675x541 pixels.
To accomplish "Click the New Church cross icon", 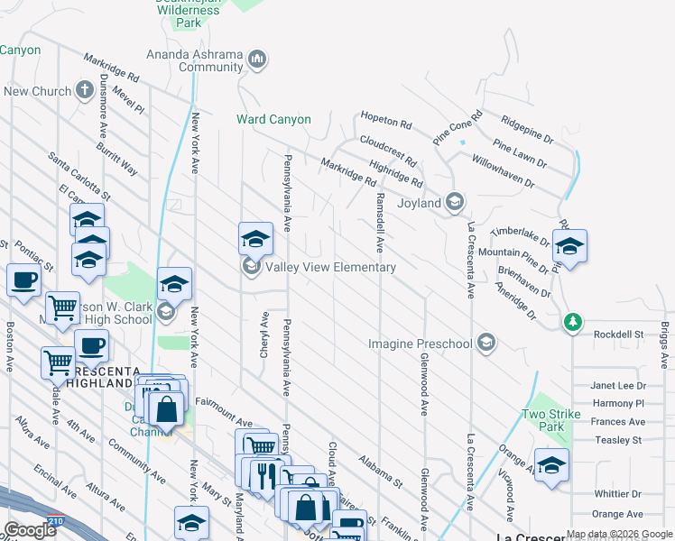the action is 85,90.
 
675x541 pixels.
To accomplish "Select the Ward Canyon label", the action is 273,119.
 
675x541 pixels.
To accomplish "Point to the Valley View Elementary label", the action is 330,267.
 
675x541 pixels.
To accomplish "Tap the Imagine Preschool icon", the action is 486,343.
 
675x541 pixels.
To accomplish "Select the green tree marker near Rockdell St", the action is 571,322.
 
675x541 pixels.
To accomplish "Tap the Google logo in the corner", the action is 30,530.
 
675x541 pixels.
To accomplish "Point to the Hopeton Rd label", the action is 385,119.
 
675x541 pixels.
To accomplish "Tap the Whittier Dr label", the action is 617,494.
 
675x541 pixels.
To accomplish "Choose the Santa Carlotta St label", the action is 79,176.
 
